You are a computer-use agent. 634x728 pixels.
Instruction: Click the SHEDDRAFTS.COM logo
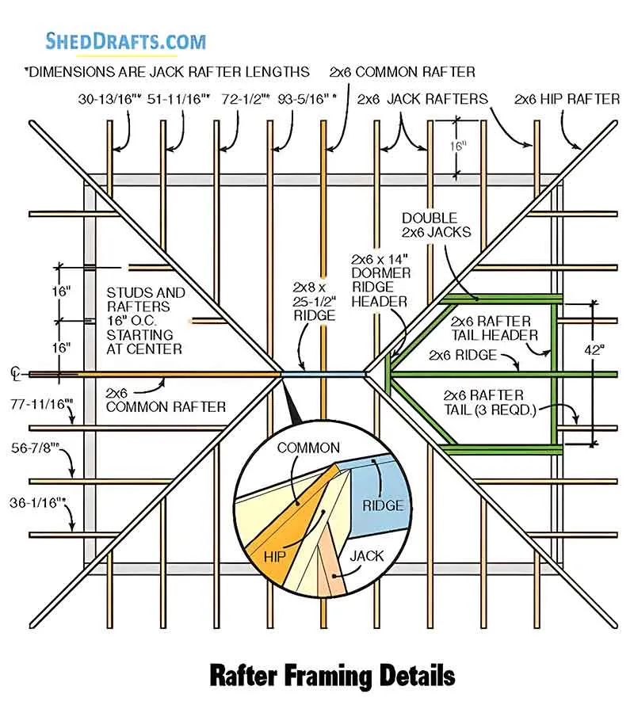pyautogui.click(x=125, y=41)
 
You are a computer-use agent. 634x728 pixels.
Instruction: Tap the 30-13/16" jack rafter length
pyautogui.click(x=109, y=99)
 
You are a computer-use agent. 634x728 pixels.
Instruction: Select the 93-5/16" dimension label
pyautogui.click(x=307, y=99)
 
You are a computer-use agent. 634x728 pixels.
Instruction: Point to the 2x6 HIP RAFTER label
pyautogui.click(x=567, y=99)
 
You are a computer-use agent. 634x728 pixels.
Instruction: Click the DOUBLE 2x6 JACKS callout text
pyautogui.click(x=436, y=225)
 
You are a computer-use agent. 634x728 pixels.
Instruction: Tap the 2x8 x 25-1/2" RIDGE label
pyautogui.click(x=314, y=301)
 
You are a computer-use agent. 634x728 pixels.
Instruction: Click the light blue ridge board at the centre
pyautogui.click(x=323, y=374)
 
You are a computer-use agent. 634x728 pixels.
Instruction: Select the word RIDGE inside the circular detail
pyautogui.click(x=383, y=505)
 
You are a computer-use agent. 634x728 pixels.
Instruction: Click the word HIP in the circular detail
pyautogui.click(x=274, y=556)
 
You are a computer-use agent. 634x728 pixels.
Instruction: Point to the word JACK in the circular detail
pyautogui.click(x=366, y=555)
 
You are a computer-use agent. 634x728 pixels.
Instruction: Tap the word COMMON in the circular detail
pyautogui.click(x=308, y=448)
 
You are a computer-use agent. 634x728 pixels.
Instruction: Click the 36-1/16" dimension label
pyautogui.click(x=37, y=502)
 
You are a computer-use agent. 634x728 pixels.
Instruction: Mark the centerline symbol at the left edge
pyautogui.click(x=17, y=373)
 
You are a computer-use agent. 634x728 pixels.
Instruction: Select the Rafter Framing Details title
pyautogui.click(x=332, y=676)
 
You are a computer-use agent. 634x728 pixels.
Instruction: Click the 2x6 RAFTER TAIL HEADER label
pyautogui.click(x=495, y=328)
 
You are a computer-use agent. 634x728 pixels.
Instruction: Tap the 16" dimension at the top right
pyautogui.click(x=457, y=146)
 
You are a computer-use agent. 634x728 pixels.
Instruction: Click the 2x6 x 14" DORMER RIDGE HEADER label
pyautogui.click(x=380, y=280)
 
